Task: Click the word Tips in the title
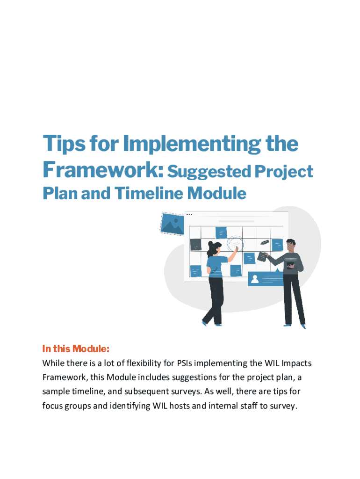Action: click(64, 144)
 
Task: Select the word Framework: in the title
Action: click(103, 169)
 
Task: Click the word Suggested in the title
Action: click(209, 172)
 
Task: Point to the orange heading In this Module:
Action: click(76, 348)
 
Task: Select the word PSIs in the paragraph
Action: click(184, 363)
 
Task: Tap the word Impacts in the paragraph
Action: click(296, 363)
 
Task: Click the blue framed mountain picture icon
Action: click(172, 224)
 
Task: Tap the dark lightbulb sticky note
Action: click(196, 245)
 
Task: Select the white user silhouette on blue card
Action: click(254, 279)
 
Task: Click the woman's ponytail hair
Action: click(210, 250)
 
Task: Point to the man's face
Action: click(291, 246)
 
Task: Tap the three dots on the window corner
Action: click(189, 214)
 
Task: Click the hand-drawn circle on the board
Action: click(236, 243)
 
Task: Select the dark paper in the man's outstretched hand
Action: click(262, 256)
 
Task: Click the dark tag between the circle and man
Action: click(265, 242)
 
